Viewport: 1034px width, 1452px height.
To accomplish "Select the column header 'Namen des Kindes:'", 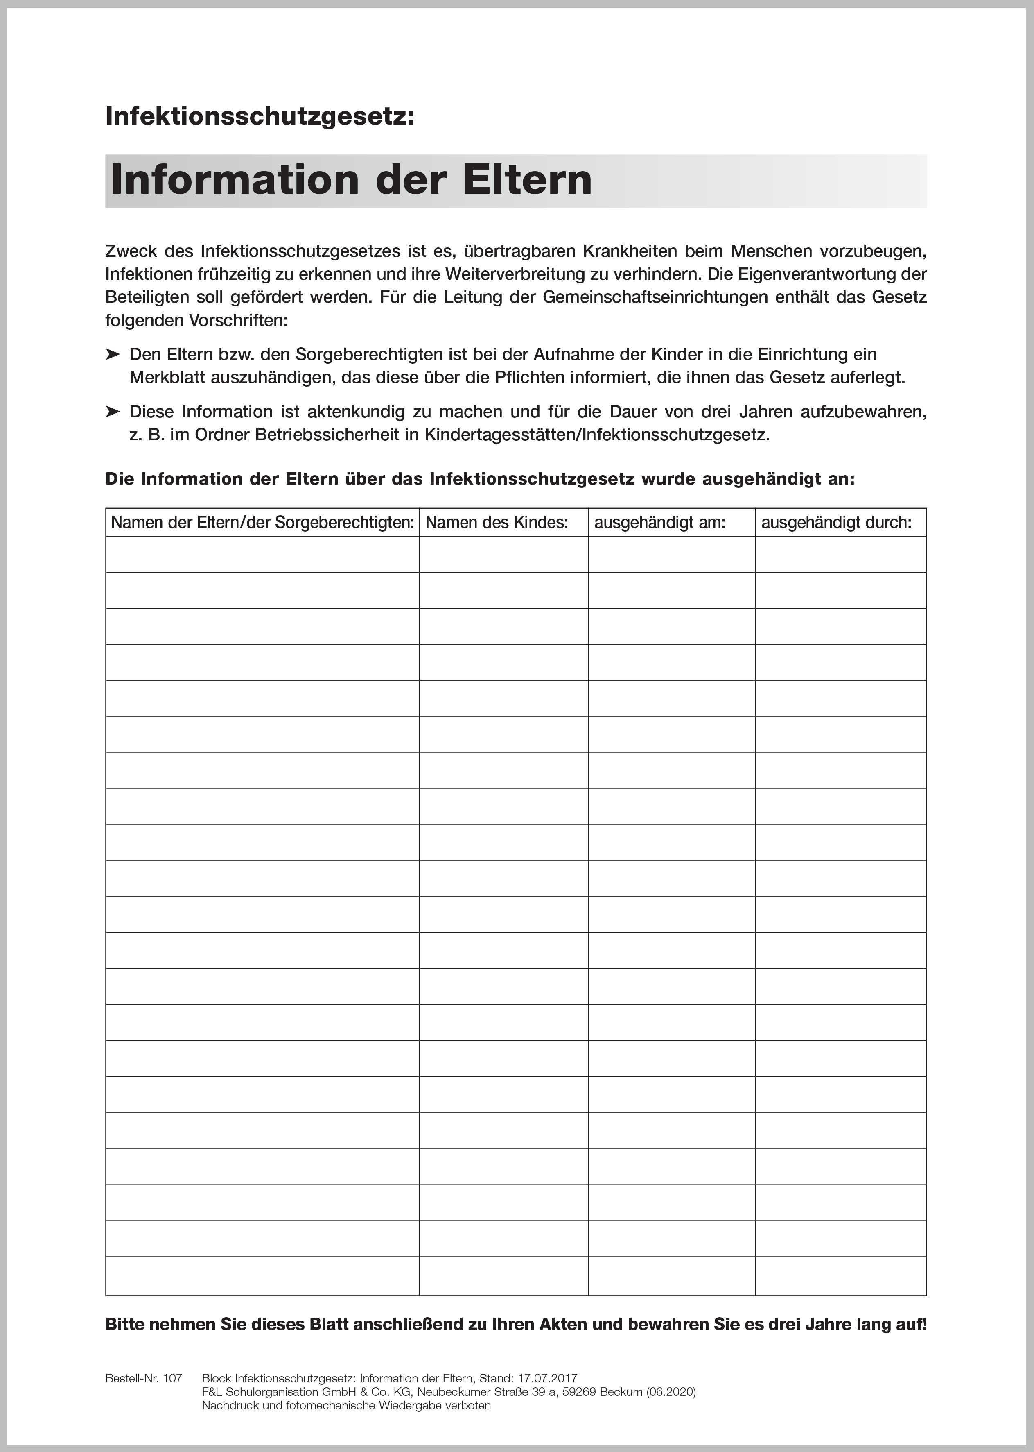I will tap(497, 523).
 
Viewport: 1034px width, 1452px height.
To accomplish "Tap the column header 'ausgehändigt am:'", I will tap(659, 523).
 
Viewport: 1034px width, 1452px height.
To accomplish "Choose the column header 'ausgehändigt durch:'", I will tap(836, 523).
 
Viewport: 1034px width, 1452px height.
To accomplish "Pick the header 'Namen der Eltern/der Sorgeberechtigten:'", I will tap(262, 523).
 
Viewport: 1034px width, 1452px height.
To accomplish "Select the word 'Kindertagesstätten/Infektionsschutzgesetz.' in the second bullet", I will tap(596, 435).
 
